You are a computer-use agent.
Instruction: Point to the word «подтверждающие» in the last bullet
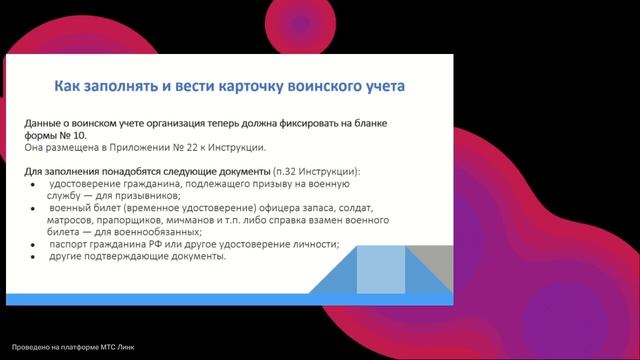125,256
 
